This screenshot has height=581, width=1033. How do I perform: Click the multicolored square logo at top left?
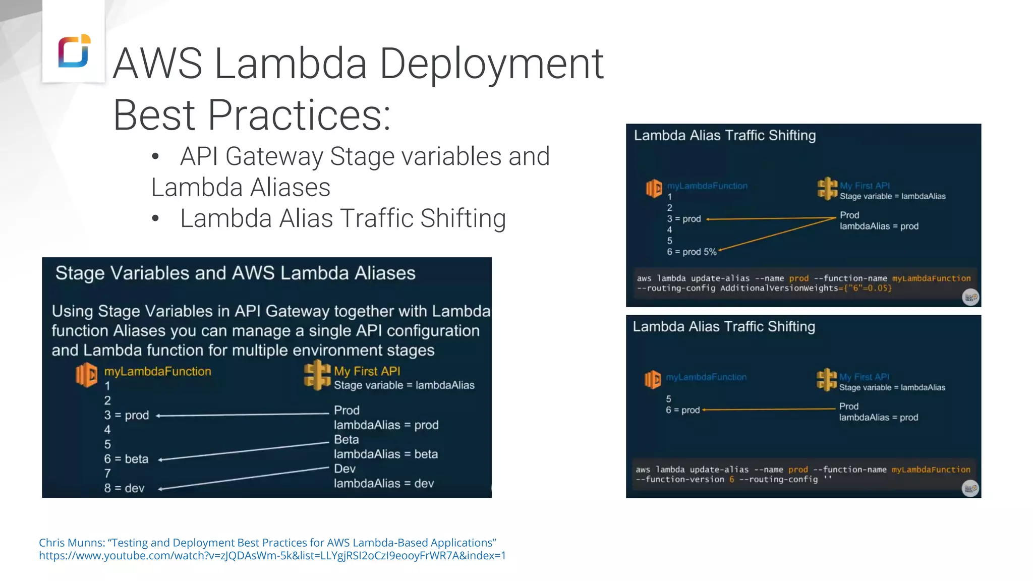[x=74, y=50]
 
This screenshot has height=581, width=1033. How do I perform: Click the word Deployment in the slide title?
[x=491, y=64]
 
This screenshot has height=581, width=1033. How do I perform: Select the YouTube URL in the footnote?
[x=272, y=556]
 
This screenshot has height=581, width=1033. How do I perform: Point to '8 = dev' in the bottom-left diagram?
[x=124, y=488]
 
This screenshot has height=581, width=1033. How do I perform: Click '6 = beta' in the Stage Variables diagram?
[x=126, y=459]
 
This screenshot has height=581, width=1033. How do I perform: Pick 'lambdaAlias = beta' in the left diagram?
[x=385, y=454]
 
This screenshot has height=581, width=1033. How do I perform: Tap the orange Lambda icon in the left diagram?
[x=86, y=375]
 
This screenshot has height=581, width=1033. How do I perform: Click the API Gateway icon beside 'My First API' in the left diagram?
[x=317, y=375]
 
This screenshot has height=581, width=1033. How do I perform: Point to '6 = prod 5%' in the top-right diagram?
[x=692, y=252]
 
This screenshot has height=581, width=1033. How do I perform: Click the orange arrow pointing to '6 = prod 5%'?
[x=777, y=234]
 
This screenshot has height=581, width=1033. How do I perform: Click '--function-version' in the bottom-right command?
[x=680, y=480]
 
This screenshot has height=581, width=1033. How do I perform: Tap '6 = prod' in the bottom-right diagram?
[x=682, y=410]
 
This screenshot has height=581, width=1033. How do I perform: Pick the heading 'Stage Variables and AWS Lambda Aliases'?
[x=235, y=273]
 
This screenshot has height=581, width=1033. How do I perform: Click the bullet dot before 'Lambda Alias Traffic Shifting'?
[x=155, y=218]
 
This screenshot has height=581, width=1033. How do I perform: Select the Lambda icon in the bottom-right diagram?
[x=652, y=380]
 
